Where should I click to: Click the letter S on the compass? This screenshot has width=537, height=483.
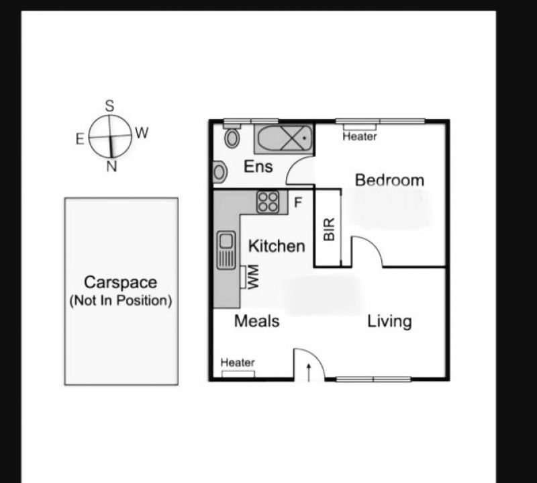coord(109,106)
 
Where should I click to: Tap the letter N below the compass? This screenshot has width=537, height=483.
coord(111,166)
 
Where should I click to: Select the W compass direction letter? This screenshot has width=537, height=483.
coord(142,132)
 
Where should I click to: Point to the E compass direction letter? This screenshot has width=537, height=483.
coord(80,140)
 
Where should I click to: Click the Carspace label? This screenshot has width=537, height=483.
coord(121,282)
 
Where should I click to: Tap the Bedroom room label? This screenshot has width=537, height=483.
coord(389,180)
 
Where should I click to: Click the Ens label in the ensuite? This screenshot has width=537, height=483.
coord(258,167)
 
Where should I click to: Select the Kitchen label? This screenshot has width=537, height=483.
coord(277,246)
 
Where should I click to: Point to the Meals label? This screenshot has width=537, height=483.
coord(257,321)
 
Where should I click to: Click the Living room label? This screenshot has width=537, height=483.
coord(389,322)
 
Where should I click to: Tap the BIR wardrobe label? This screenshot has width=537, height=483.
coord(329,229)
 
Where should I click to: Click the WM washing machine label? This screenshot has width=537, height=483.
coord(253,277)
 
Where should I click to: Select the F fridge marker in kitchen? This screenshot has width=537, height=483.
coord(298,202)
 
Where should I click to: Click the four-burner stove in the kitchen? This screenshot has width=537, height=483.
coord(268,202)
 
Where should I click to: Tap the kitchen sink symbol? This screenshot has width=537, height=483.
coord(226,250)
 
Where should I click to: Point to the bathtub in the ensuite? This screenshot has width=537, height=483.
coord(283,139)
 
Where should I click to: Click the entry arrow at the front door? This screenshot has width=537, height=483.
coord(309,373)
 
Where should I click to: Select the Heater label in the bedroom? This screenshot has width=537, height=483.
coord(360,136)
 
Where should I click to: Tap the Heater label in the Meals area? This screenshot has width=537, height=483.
coord(238,362)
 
